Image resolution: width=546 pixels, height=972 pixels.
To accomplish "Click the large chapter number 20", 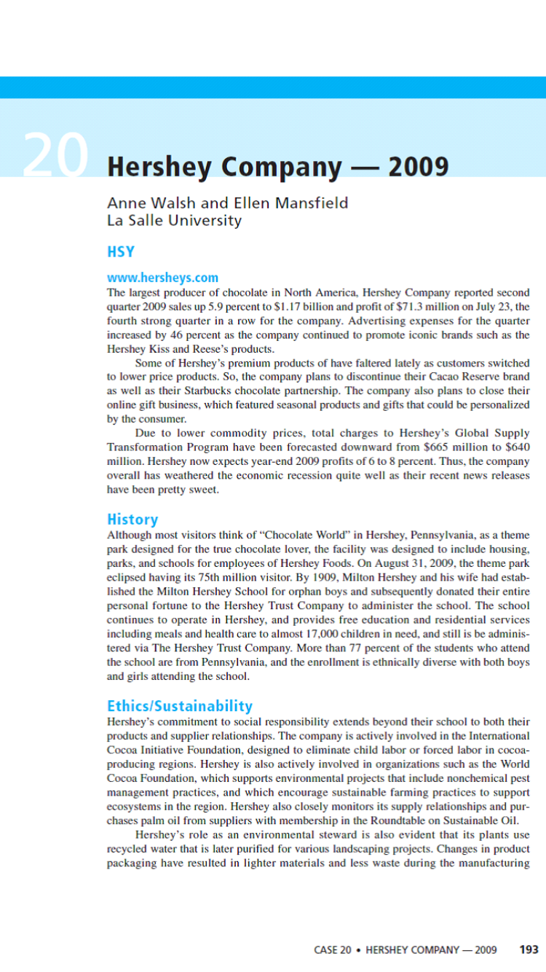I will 55,157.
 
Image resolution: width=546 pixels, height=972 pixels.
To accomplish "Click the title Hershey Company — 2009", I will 277,168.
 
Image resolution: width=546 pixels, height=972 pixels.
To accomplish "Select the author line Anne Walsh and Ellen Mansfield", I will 227,203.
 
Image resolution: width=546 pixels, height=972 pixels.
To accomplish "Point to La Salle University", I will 174,220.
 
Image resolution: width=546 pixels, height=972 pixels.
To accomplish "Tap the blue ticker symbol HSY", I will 121,252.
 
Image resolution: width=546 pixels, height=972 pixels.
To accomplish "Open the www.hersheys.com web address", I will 162,278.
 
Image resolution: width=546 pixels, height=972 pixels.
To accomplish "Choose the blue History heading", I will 132,520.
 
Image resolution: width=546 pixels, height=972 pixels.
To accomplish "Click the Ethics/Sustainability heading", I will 180,706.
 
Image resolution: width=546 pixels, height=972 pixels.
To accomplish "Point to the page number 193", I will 529,949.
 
